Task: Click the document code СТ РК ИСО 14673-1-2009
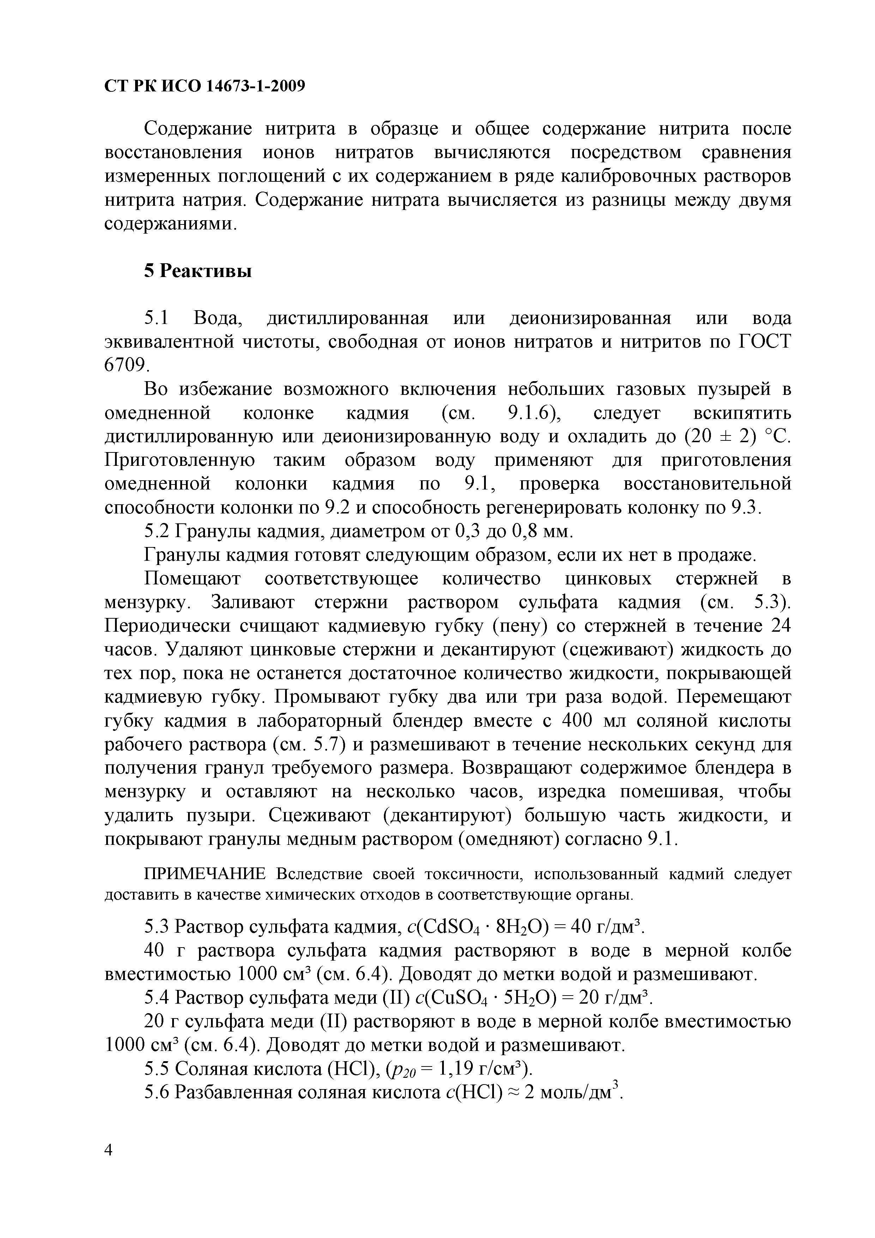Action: pos(204,86)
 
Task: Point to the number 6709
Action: pos(125,366)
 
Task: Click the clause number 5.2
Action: pos(157,531)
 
